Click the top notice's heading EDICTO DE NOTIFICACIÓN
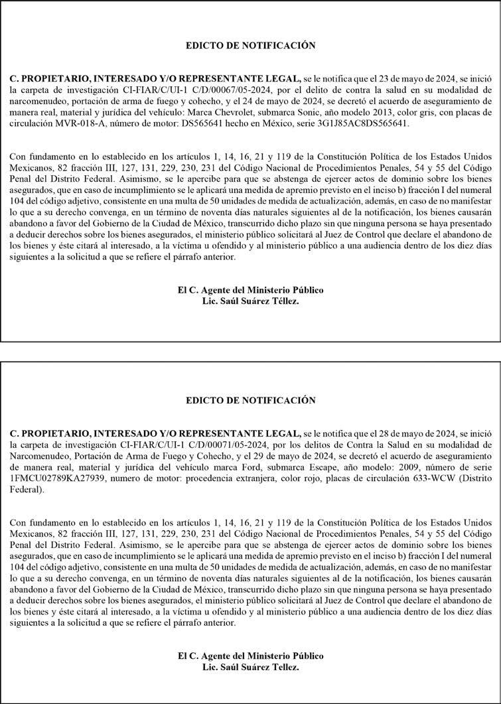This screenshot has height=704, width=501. tap(250, 46)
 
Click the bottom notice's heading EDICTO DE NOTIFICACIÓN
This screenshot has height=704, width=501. tap(250, 401)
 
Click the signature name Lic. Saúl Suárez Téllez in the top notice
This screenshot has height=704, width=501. tap(250, 301)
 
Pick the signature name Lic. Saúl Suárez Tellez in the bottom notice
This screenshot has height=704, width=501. tap(250, 667)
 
